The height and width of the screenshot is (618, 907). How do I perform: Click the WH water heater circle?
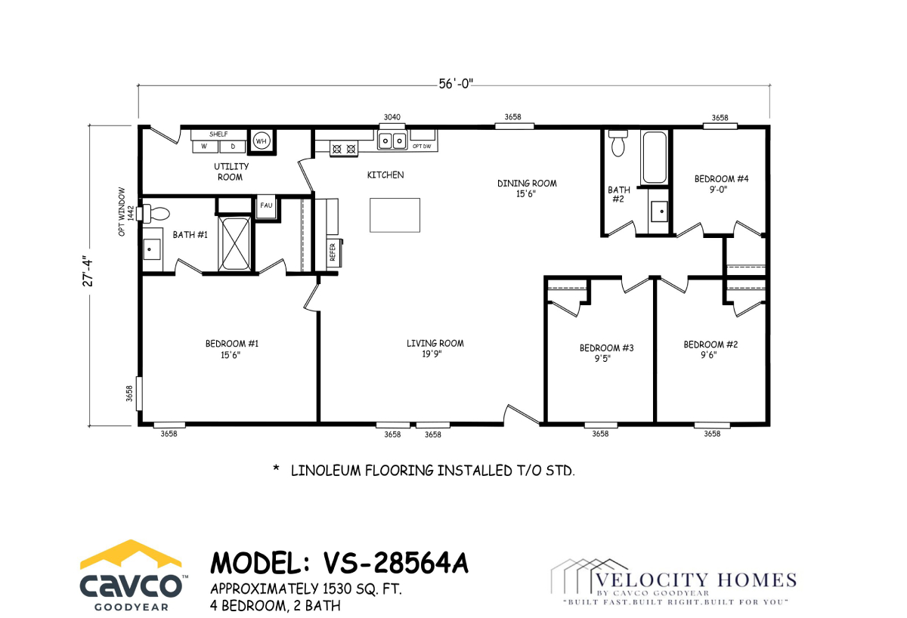[x=262, y=141]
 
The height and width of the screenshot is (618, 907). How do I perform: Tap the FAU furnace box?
[x=266, y=206]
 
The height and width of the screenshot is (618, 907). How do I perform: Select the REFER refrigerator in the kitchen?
[x=333, y=252]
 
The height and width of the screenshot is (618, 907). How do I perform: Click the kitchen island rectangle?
[x=395, y=215]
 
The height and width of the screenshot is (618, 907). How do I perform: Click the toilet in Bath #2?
[x=618, y=143]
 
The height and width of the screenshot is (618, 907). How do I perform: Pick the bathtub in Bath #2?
[x=655, y=157]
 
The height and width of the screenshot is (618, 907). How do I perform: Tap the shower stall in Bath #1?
[x=234, y=243]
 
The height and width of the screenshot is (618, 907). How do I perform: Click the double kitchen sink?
[x=392, y=141]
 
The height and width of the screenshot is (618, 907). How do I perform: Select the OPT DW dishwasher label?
[x=422, y=146]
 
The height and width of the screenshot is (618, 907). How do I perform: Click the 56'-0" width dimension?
[x=456, y=84]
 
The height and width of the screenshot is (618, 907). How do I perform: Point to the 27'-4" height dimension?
[x=88, y=270]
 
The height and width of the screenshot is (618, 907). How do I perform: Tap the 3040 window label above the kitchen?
[x=392, y=117]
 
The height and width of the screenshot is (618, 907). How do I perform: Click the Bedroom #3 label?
[x=606, y=353]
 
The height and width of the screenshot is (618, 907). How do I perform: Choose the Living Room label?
[x=435, y=348]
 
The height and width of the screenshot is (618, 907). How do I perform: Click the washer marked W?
[x=205, y=147]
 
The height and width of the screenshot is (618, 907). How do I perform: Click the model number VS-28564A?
[x=395, y=563]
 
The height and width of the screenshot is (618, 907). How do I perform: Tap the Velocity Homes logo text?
[x=695, y=580]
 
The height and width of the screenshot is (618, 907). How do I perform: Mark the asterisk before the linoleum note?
[x=276, y=468]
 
